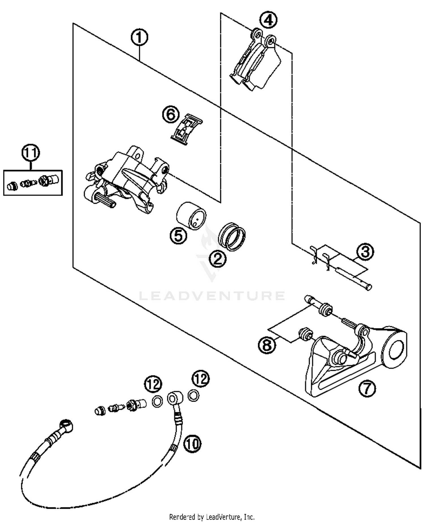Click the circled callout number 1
point(139,38)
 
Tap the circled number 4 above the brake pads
point(268,20)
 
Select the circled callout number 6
point(171,115)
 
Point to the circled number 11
point(31,153)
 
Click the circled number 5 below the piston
point(178,236)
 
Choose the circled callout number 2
point(218,258)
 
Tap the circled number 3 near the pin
point(365,251)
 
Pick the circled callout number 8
point(267,345)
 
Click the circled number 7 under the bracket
point(367,388)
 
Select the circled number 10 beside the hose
point(192,444)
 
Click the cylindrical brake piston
point(191,216)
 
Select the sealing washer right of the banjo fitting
point(193,395)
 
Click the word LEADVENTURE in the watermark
point(212,296)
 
